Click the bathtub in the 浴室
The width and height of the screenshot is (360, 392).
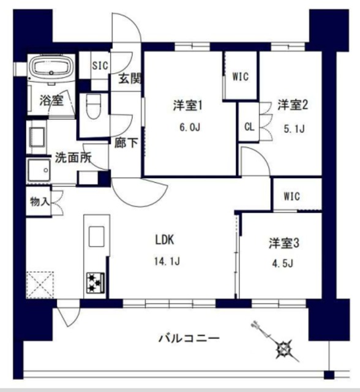click(51, 69)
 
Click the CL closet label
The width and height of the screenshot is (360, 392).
click(248, 127)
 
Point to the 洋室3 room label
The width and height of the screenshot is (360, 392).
click(283, 243)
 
